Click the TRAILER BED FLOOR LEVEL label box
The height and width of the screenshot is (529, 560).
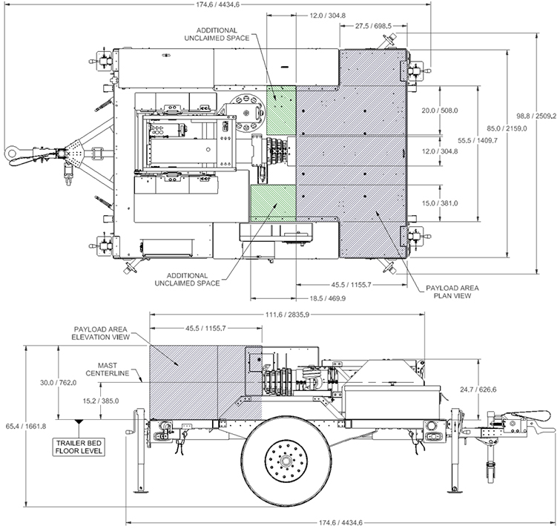tap(79, 447)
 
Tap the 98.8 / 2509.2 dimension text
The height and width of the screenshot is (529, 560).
tap(536, 116)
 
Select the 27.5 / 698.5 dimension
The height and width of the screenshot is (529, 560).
tap(373, 26)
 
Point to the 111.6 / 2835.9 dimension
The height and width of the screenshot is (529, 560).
tap(288, 315)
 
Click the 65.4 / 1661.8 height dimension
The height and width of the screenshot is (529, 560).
tap(25, 426)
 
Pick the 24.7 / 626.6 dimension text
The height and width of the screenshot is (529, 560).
tap(478, 390)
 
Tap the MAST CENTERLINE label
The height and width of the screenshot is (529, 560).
tap(107, 369)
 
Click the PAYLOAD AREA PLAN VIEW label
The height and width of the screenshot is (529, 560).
tap(452, 292)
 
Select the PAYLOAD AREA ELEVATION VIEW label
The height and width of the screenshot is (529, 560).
tap(100, 333)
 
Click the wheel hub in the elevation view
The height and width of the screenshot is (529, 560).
tap(286, 461)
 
